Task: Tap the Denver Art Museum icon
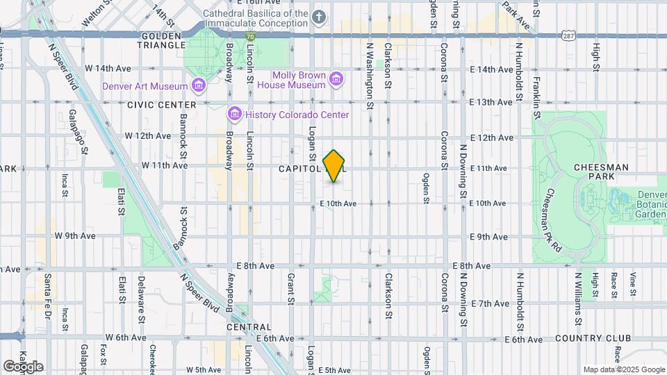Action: coord(199,86)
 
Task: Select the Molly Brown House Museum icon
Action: coord(336,79)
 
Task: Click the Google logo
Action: coord(22,367)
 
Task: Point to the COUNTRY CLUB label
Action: coord(593,338)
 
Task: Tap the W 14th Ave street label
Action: coord(108,69)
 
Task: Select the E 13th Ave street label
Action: coord(491,102)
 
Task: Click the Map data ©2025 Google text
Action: coord(623,369)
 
